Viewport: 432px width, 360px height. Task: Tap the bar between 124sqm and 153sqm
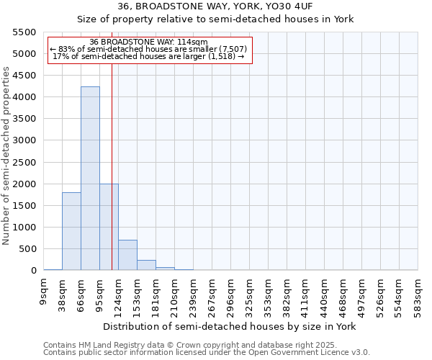coord(127,255)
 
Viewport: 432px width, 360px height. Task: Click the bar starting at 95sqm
coord(109,227)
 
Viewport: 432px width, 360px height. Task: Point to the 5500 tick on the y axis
coord(24,32)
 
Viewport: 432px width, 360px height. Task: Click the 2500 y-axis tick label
coord(24,163)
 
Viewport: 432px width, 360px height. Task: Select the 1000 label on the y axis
coord(24,228)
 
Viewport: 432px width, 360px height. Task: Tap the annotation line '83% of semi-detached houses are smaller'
coord(149,49)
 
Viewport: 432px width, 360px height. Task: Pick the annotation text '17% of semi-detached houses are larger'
coord(149,56)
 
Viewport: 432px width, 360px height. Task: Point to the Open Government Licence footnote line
coord(207,353)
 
